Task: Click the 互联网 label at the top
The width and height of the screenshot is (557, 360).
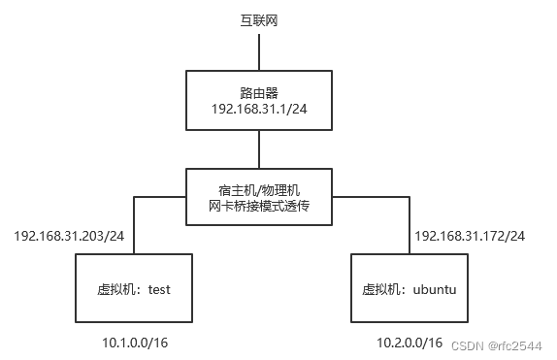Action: (258, 19)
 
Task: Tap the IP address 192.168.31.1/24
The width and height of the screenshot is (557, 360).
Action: (258, 111)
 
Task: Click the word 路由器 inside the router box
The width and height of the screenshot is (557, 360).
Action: (258, 93)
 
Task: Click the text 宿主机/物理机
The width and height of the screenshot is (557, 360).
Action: (258, 187)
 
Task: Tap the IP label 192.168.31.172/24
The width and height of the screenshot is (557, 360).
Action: (470, 236)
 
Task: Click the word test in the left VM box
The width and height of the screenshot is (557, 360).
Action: (160, 289)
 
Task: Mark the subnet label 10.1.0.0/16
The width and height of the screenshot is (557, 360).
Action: (135, 343)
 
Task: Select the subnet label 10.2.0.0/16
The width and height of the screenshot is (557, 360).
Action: (410, 343)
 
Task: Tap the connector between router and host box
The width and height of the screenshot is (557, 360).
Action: (258, 148)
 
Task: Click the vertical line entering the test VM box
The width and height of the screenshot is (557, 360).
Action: (134, 225)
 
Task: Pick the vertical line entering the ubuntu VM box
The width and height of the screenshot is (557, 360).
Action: (409, 225)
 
